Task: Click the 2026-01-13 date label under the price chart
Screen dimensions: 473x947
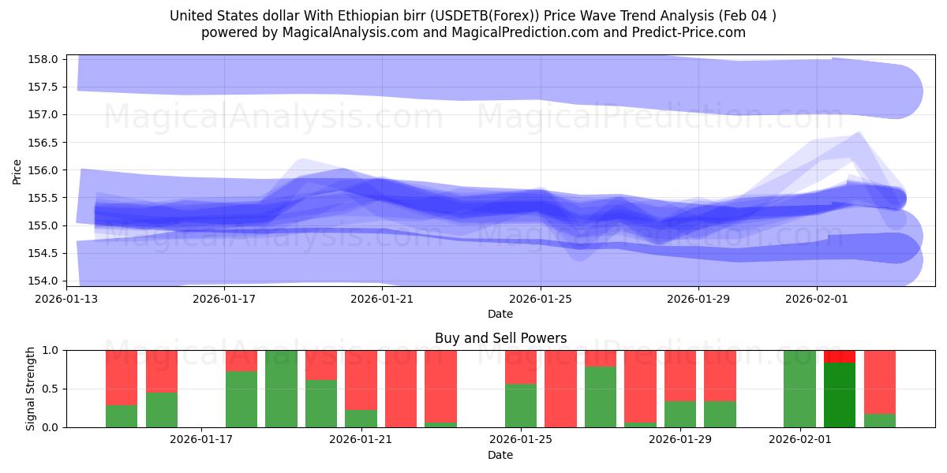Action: [66, 299]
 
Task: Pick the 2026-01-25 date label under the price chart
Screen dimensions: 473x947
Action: [541, 299]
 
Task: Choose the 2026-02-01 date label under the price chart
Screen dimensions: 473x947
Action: [817, 299]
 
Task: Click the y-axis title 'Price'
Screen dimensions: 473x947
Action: [17, 170]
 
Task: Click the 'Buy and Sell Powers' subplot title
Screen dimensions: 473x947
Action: [500, 338]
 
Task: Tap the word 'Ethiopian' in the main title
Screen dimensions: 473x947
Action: [369, 16]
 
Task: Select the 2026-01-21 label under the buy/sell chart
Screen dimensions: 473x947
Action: [361, 439]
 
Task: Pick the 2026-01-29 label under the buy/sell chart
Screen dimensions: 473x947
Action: [680, 439]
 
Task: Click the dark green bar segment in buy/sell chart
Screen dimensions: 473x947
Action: [840, 394]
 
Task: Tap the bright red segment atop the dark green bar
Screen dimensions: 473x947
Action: [840, 356]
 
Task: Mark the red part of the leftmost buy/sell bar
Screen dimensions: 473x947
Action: [122, 377]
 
